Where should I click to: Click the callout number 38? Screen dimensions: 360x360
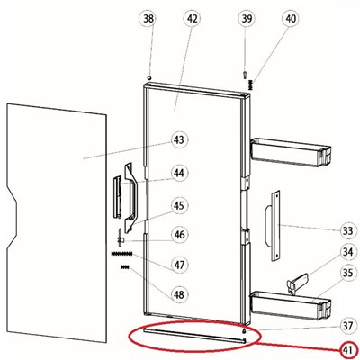click(x=148, y=19)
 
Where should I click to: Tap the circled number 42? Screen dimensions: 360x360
click(x=192, y=19)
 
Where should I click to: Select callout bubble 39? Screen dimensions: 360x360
click(x=247, y=19)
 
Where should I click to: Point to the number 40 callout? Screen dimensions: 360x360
click(x=291, y=19)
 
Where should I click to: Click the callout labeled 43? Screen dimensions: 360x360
click(x=179, y=139)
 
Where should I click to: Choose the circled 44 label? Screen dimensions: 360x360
click(x=179, y=173)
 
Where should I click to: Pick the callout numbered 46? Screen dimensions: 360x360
click(x=179, y=235)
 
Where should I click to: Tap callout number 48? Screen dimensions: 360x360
click(x=179, y=294)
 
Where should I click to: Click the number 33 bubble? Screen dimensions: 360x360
click(x=348, y=230)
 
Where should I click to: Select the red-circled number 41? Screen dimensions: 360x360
click(x=348, y=350)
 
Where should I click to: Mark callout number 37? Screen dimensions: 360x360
click(x=348, y=326)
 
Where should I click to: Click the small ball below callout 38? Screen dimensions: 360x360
click(x=149, y=77)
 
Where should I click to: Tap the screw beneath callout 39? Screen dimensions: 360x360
click(x=245, y=74)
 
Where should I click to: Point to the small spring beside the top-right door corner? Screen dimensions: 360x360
click(x=251, y=85)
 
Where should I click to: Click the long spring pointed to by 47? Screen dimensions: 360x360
click(x=121, y=254)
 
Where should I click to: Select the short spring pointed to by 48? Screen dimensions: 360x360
click(x=124, y=266)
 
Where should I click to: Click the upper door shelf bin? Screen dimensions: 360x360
click(x=291, y=152)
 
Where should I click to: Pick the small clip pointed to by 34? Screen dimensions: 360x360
click(x=298, y=283)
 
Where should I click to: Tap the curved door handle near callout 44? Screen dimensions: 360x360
click(x=130, y=198)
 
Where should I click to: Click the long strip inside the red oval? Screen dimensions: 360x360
click(x=195, y=335)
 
